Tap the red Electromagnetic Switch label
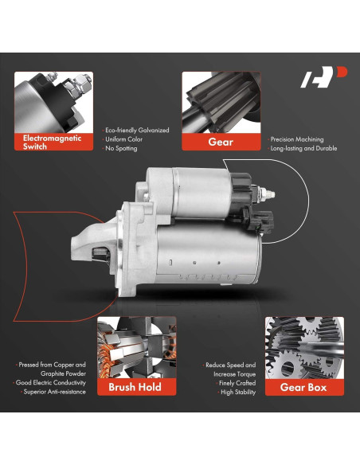54,141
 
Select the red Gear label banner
221,142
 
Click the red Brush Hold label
130,387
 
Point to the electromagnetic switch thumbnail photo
54,102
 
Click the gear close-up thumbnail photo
221,102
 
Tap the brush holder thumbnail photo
130,347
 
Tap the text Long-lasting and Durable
305,149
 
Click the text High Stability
237,392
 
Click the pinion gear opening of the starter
99,252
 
